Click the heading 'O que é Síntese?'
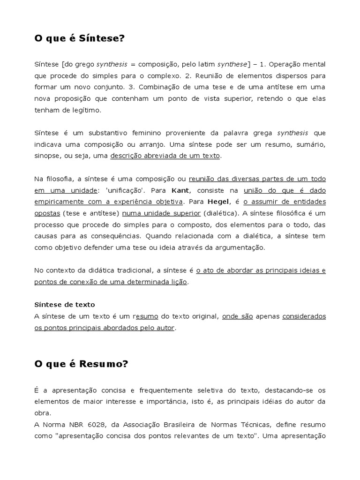(80, 38)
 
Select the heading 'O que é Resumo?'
(81, 363)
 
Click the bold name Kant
(180, 190)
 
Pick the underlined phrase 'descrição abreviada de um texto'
(165, 156)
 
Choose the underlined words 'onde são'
(237, 316)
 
